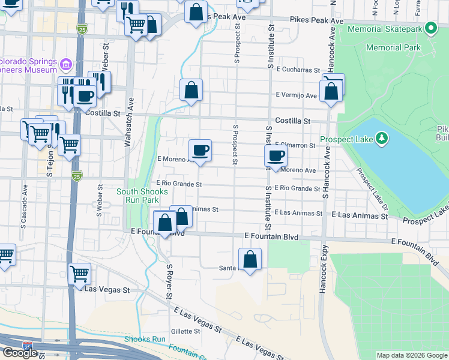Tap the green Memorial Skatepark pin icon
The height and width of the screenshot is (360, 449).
point(430,28)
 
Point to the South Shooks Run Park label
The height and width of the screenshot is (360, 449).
point(142,196)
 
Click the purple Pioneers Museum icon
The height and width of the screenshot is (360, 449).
point(66,63)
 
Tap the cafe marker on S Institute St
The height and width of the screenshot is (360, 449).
point(276,157)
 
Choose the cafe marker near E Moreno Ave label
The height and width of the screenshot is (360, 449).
point(200,150)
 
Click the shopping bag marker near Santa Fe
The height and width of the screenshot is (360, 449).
point(250,260)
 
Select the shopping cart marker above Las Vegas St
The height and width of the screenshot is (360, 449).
point(79,274)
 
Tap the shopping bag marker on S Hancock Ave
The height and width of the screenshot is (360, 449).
point(331,92)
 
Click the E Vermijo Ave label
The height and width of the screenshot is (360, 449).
point(296,95)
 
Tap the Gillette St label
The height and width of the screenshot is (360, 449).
point(185,331)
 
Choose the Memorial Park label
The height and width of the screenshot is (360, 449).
point(393,47)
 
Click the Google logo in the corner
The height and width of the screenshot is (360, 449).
point(20,353)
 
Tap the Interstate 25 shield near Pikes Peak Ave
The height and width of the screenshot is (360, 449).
point(82,28)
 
